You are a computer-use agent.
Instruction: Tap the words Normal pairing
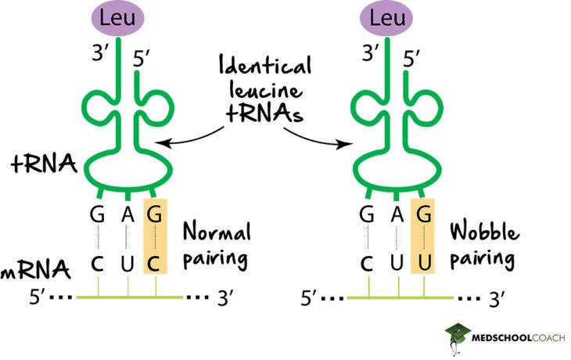[217, 244]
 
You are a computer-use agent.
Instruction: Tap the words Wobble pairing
[485, 244]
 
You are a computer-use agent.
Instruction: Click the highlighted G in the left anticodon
[156, 213]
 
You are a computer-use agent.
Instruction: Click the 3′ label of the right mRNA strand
[496, 299]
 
